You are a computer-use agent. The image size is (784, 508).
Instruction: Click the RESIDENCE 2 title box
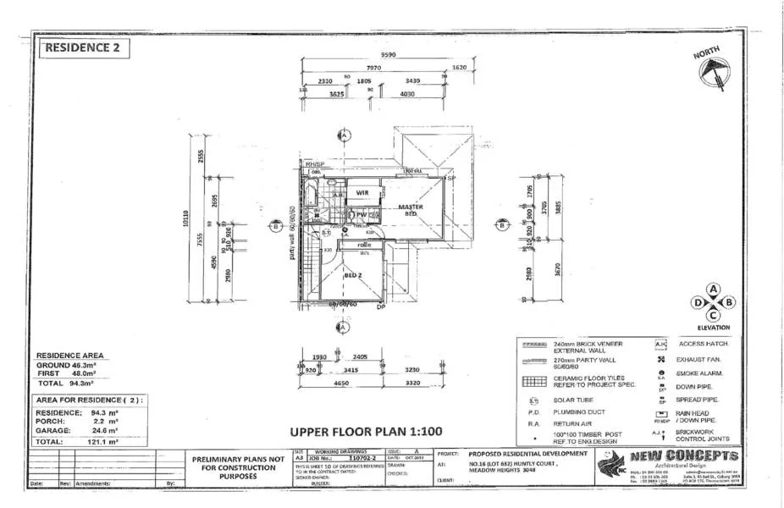click(85, 47)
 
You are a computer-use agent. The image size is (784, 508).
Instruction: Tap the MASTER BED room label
click(411, 210)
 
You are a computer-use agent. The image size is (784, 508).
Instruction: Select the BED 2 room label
click(353, 276)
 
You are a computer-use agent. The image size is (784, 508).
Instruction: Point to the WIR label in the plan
click(362, 193)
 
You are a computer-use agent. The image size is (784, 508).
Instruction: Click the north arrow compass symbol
click(713, 70)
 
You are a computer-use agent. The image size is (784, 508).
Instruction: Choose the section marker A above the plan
click(344, 135)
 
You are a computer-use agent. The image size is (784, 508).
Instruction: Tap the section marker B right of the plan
click(502, 225)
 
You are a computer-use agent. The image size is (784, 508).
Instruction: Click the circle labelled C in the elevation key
click(714, 315)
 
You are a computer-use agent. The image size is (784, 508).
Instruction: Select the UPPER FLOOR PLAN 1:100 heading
click(367, 431)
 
